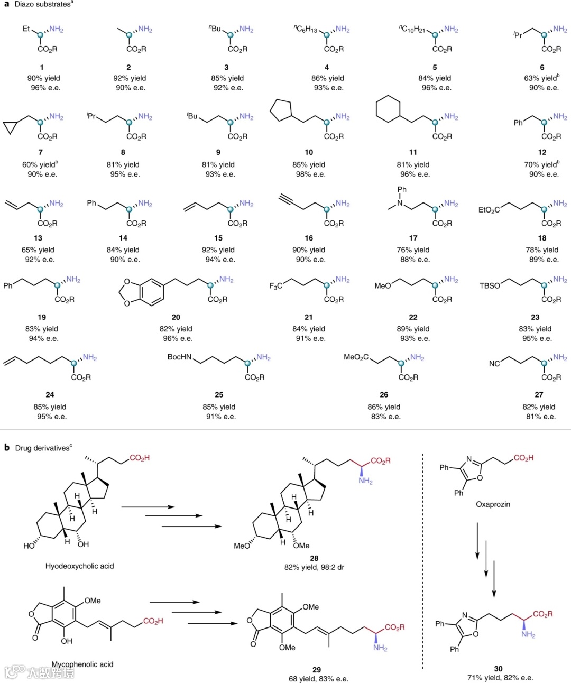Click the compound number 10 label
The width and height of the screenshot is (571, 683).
point(309,152)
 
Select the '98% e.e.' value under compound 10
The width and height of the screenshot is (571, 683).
point(310,174)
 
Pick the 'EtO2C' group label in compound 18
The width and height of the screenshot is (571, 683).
point(489,210)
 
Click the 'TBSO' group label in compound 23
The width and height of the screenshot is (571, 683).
point(490,285)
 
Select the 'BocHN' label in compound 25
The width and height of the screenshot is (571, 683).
point(180,357)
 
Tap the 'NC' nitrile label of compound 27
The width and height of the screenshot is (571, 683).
point(494,364)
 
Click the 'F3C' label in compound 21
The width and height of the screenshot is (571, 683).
point(276,286)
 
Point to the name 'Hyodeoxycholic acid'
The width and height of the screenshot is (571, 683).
point(79,566)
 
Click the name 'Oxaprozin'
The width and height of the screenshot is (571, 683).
point(493,504)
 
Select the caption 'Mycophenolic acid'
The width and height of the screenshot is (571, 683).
point(82,664)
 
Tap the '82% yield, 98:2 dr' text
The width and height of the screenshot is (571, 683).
point(314,567)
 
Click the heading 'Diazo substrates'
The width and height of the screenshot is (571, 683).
point(43,4)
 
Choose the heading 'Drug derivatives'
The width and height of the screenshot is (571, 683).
point(42,448)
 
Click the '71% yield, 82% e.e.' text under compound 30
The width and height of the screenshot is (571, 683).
point(500,678)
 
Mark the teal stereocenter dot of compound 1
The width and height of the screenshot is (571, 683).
point(40,35)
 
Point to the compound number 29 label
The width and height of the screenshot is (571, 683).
point(317,669)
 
